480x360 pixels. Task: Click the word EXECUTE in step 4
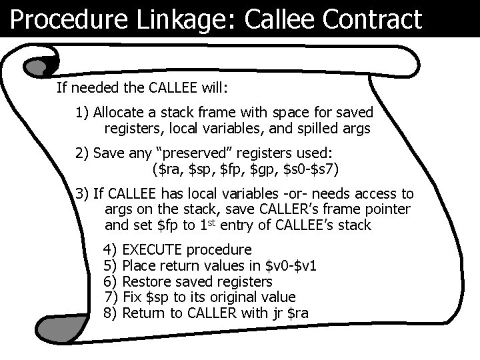point(154,250)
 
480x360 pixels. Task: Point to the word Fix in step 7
point(133,296)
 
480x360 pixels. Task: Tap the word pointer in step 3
point(388,209)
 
